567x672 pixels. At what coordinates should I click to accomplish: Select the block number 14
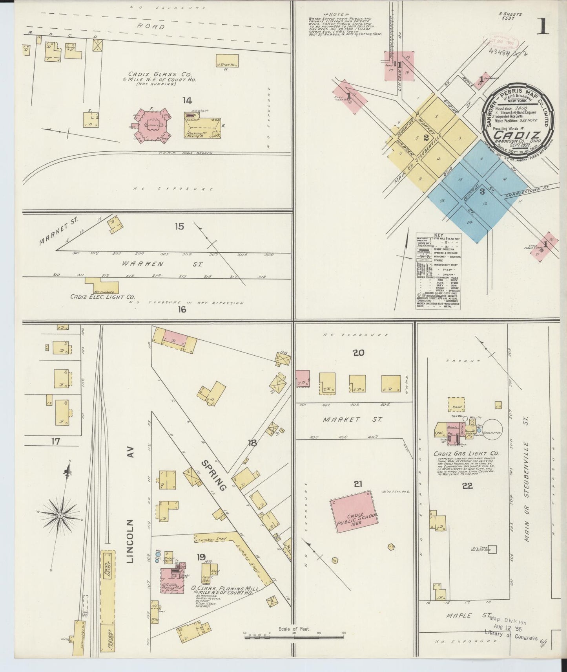pos(187,101)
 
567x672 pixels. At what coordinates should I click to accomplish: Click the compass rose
pos(60,515)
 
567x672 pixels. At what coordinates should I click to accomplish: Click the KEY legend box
pos(438,271)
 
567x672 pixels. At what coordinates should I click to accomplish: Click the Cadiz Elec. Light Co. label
pos(102,297)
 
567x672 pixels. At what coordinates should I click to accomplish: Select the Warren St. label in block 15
pos(182,264)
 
